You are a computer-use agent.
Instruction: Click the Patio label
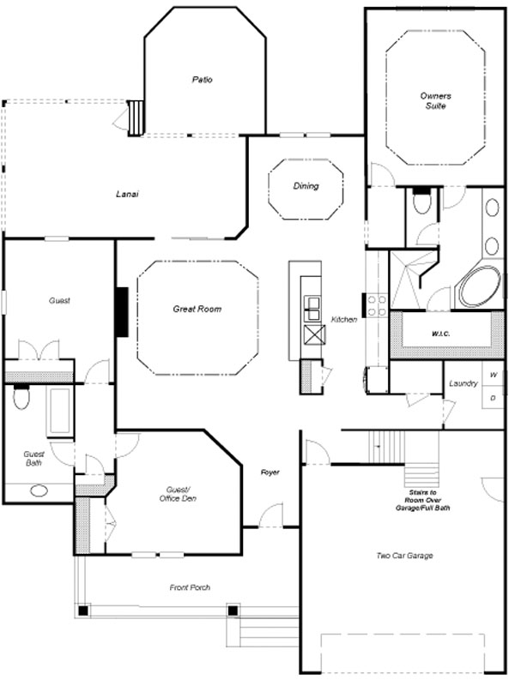coord(202,80)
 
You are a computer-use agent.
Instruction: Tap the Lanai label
coord(127,194)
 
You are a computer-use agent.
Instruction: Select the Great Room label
coord(197,309)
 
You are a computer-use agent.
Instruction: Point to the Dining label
coord(306,186)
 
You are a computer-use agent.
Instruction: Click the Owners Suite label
coord(435,100)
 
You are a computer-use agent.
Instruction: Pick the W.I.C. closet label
coord(440,334)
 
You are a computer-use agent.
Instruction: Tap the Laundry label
coord(463,383)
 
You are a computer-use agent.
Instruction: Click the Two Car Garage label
coord(405,556)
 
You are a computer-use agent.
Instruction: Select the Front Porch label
coord(190,587)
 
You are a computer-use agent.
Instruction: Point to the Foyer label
coord(270,472)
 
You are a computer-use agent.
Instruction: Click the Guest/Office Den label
coord(178,494)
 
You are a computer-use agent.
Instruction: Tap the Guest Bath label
coord(33,459)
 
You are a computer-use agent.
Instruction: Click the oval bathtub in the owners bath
coord(480,286)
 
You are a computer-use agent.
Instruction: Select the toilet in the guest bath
coord(21,396)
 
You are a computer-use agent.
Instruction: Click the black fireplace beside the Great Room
coord(122,312)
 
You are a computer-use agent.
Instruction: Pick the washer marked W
coord(494,374)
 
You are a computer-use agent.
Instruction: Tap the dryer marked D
coord(494,397)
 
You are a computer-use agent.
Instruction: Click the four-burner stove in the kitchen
coord(376,305)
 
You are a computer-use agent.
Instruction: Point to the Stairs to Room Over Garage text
coord(422,500)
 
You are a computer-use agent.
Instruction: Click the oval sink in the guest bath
coord(39,490)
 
